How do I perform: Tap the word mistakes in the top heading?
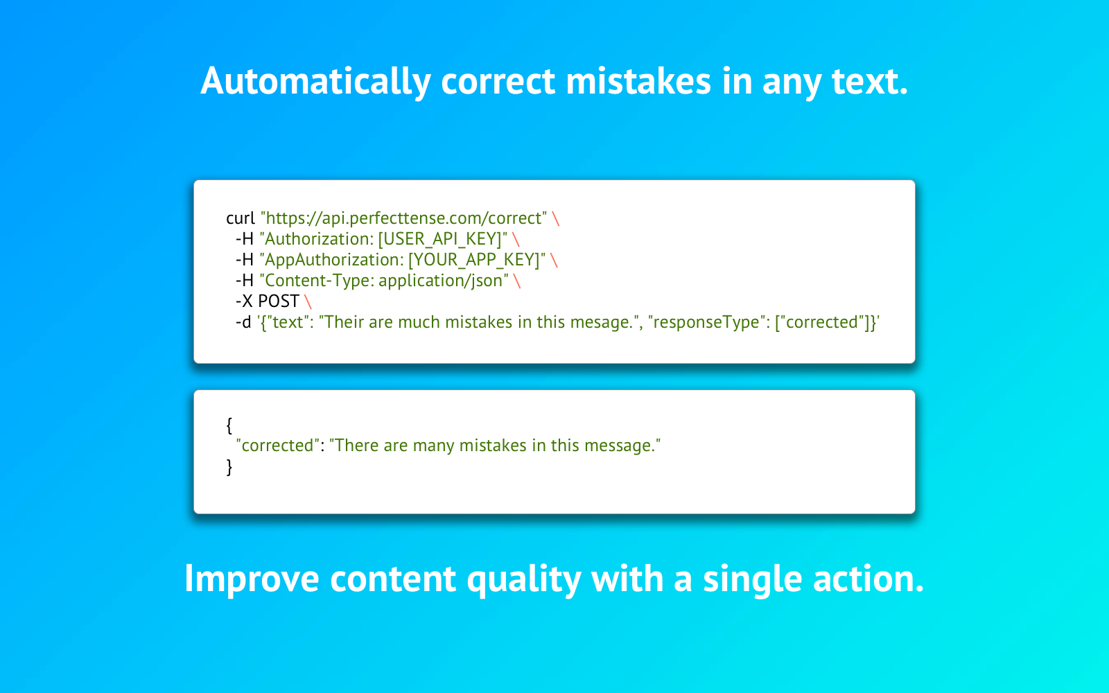point(638,80)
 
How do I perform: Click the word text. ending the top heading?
point(870,81)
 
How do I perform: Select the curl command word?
point(240,218)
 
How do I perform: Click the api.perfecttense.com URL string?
point(403,218)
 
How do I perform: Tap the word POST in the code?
point(279,301)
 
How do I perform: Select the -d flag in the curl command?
point(243,322)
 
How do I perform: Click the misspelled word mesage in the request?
point(601,322)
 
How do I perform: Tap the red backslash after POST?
point(308,301)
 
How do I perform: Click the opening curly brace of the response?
point(229,426)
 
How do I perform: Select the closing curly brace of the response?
point(229,467)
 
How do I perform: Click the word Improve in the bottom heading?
point(252,579)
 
